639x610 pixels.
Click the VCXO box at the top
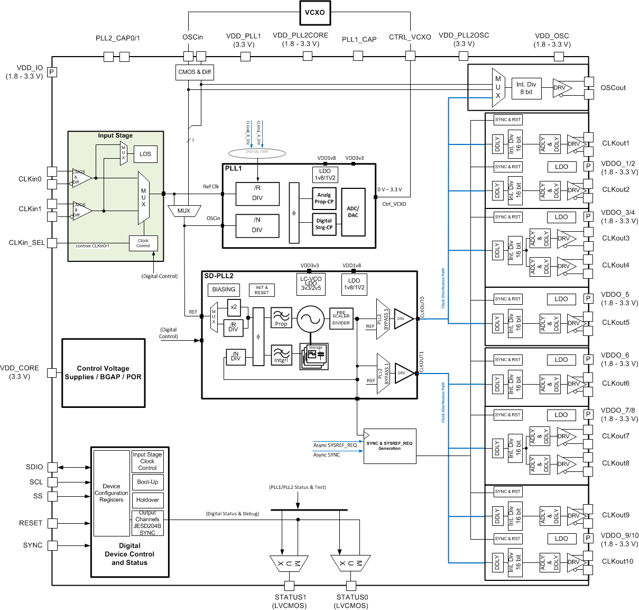315,13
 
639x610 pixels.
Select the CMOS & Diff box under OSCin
195,72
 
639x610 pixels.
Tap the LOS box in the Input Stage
145,154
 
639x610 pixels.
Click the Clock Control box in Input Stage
143,243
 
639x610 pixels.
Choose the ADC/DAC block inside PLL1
353,212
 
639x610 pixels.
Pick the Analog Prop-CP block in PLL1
324,198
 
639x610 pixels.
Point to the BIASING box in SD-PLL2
224,289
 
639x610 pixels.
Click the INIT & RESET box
262,290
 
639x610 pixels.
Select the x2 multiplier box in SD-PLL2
234,307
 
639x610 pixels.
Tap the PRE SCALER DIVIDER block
341,318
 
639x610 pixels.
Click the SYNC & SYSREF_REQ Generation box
390,446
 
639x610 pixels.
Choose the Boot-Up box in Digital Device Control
147,482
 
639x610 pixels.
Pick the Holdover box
147,500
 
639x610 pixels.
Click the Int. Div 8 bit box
526,88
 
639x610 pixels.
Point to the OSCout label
613,88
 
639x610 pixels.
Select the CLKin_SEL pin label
26,243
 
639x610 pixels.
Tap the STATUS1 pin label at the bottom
290,597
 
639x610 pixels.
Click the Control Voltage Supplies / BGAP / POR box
104,373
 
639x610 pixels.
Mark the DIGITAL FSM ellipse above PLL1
257,153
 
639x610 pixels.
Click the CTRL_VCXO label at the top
410,37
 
